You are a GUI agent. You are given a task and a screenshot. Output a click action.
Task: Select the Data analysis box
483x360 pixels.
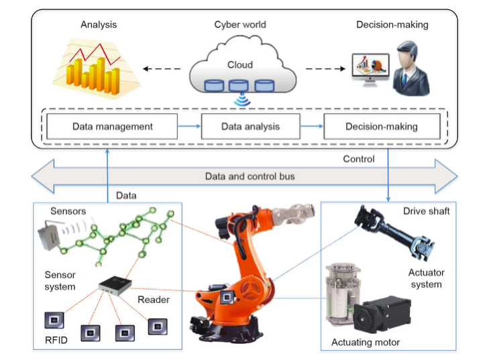point(250,126)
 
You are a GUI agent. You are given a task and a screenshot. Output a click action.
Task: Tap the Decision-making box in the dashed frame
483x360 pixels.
point(381,126)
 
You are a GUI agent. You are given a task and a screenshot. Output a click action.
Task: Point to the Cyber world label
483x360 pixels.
point(240,25)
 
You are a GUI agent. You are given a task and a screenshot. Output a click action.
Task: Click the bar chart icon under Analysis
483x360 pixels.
point(97,70)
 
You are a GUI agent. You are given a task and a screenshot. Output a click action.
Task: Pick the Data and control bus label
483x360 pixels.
point(249,176)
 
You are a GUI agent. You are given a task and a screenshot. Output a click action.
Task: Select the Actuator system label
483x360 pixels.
point(426,278)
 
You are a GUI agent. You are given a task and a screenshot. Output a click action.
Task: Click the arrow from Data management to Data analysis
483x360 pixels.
point(189,126)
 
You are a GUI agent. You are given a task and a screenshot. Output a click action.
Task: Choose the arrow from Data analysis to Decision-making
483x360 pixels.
point(311,126)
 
